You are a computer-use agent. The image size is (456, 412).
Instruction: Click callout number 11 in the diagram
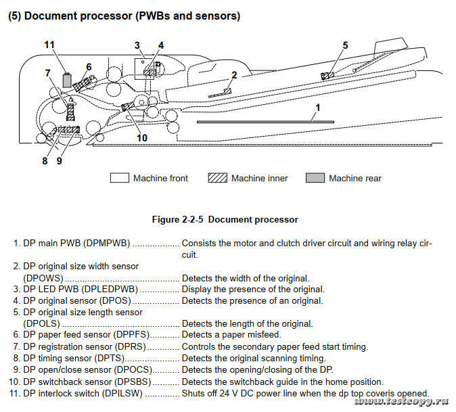tap(49, 45)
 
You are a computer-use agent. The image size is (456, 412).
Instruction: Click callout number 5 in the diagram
tap(345, 45)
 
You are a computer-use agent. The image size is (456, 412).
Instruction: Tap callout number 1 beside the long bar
tap(317, 108)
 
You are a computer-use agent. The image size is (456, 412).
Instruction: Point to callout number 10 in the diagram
tap(142, 138)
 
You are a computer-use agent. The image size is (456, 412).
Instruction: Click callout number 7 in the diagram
tap(48, 72)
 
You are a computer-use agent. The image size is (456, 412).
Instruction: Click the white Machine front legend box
tap(120, 179)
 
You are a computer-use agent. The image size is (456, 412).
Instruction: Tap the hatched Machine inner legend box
tap(217, 179)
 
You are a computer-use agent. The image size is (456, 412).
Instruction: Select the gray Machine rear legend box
tap(315, 179)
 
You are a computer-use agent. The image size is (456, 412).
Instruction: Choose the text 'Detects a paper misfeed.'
tap(231, 335)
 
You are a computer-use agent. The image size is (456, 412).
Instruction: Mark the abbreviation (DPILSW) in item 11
tap(120, 393)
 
